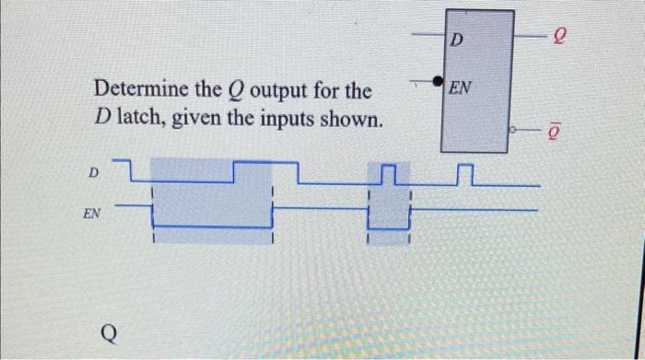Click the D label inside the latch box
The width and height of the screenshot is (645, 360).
(x=458, y=41)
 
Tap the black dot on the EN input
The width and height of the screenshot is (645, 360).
(x=437, y=81)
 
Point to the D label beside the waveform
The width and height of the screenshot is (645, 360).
(x=92, y=172)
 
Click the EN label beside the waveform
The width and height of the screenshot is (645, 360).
(x=91, y=212)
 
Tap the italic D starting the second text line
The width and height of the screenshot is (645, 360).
(x=103, y=120)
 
